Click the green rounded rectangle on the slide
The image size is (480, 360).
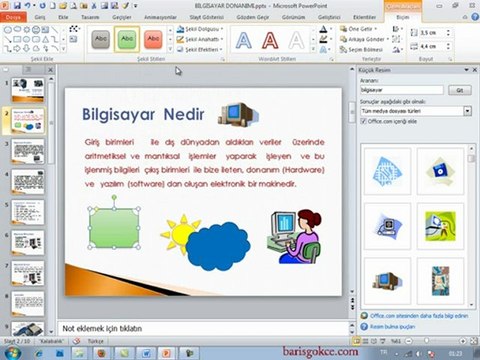point(117,228)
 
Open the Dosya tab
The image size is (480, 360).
point(14,18)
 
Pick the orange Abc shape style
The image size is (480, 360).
point(152,40)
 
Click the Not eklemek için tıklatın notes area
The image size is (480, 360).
point(100,327)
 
